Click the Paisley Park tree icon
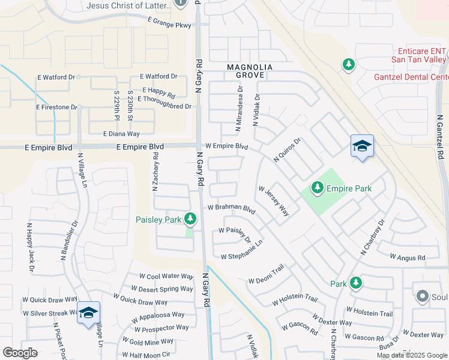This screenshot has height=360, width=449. tap(190, 219)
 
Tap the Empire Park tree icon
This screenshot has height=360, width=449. tap(318, 188)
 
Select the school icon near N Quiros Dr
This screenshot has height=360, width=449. tap(362, 146)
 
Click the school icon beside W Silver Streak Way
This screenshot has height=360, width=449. tap(88, 313)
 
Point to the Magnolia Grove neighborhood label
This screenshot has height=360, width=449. tap(249, 71)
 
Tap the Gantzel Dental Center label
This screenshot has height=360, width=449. tap(411, 77)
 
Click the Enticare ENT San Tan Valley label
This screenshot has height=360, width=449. tap(418, 56)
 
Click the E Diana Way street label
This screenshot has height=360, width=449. tap(121, 134)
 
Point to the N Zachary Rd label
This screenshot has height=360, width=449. tap(155, 172)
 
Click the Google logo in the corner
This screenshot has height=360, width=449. tap(20, 353)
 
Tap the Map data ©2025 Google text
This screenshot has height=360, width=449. tap(411, 355)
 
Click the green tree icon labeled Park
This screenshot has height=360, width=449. tap(355, 282)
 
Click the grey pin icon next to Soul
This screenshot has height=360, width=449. tap(423, 296)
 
